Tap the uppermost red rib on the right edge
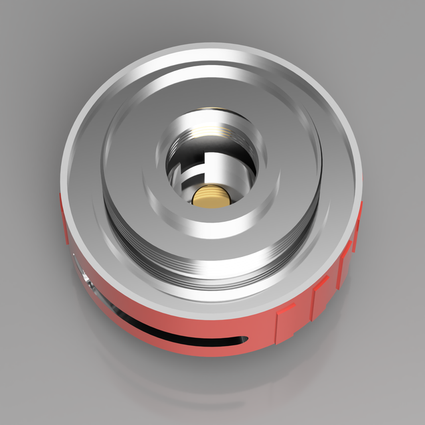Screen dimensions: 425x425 pyautogui.click(x=359, y=212)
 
